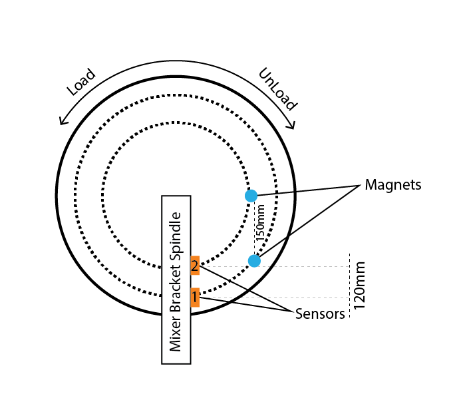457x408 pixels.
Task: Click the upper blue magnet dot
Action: point(251,196)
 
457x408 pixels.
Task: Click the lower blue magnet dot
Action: point(253,261)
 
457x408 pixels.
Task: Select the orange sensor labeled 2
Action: point(194,266)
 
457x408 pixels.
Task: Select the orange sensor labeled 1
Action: point(194,297)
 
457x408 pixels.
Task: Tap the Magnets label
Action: point(392,185)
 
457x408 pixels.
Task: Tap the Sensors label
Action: point(320,314)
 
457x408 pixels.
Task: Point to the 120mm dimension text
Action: point(360,285)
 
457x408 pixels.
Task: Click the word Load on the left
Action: point(82,83)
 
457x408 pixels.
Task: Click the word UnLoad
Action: point(277,89)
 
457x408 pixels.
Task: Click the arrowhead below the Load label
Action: point(62,121)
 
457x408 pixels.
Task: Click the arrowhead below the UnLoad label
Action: point(292,125)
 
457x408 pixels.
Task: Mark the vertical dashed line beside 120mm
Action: point(349,286)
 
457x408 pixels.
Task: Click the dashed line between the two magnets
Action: point(254,230)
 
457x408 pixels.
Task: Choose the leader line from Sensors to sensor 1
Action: point(246,306)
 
